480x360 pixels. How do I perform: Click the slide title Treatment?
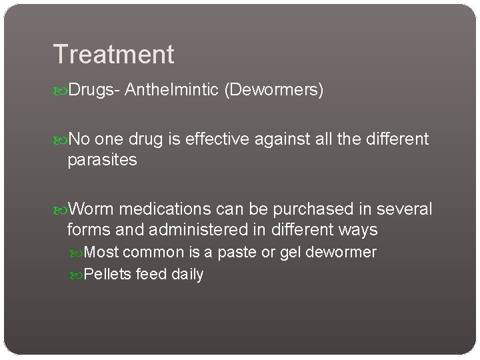click(113, 54)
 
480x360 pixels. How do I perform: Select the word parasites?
click(102, 161)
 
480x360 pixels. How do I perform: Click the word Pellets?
click(108, 274)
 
